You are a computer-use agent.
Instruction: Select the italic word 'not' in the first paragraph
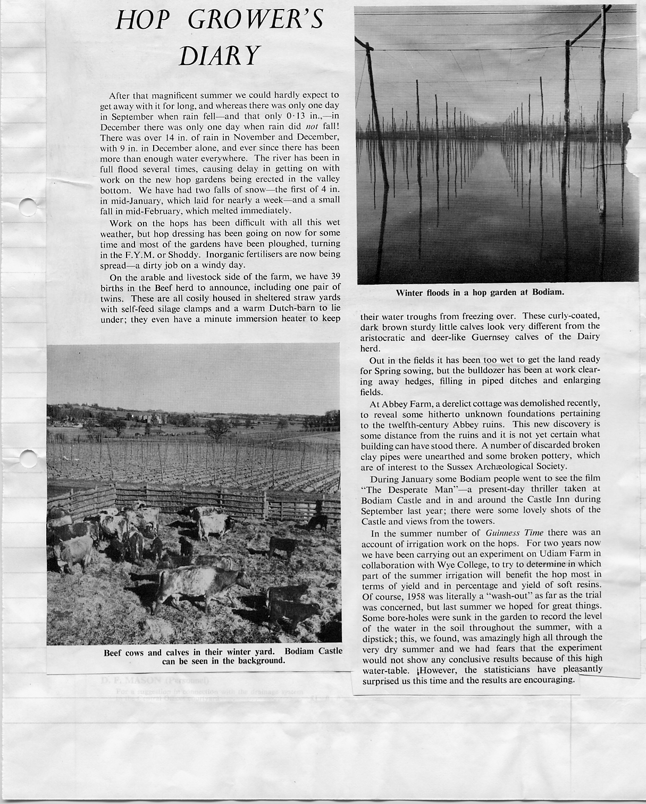tap(312, 127)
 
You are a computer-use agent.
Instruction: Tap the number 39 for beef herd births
tap(332, 277)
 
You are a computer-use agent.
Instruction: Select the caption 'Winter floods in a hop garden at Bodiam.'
tap(480, 292)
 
